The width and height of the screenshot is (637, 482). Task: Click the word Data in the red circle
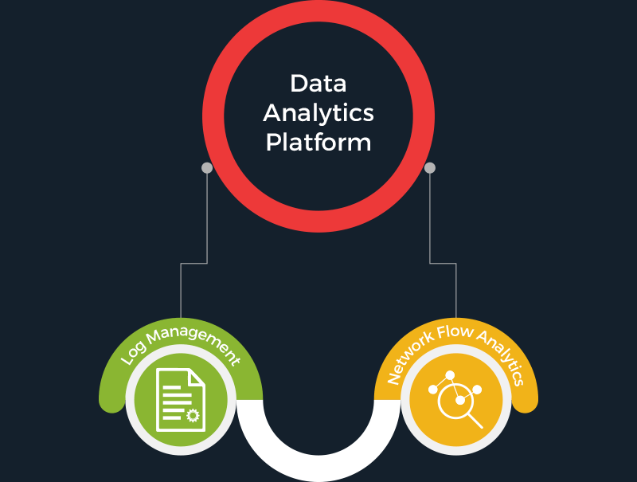pos(318,83)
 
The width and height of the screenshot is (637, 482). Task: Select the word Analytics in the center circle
pos(318,112)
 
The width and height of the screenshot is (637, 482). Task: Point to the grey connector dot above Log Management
pos(207,168)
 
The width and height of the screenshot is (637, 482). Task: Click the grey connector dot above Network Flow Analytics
pos(430,168)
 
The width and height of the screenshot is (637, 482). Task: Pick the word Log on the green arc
pos(132,355)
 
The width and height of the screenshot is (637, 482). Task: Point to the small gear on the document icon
pos(192,415)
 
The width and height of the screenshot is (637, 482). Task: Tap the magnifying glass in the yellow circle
pos(459,403)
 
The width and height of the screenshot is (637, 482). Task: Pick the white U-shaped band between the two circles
pos(318,466)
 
